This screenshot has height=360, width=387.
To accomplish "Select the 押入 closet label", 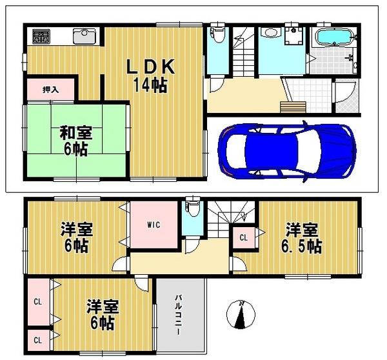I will [x=51, y=90].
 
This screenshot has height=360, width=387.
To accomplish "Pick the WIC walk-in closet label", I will [x=154, y=225].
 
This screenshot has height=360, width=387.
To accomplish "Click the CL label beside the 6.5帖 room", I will [x=244, y=237].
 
